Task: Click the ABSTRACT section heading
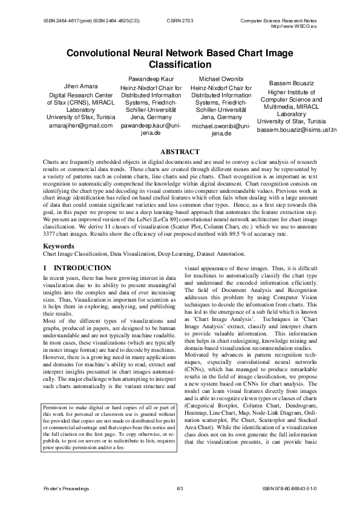pyautogui.click(x=179, y=151)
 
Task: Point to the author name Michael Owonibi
pyautogui.click(x=220, y=79)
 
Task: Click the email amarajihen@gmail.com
pyautogui.click(x=80, y=126)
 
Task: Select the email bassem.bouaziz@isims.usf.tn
pyautogui.click(x=296, y=129)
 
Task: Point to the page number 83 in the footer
pyautogui.click(x=180, y=488)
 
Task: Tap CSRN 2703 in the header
pyautogui.click(x=179, y=20)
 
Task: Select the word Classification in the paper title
pyautogui.click(x=180, y=64)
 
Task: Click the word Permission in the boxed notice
pyautogui.click(x=57, y=407)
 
